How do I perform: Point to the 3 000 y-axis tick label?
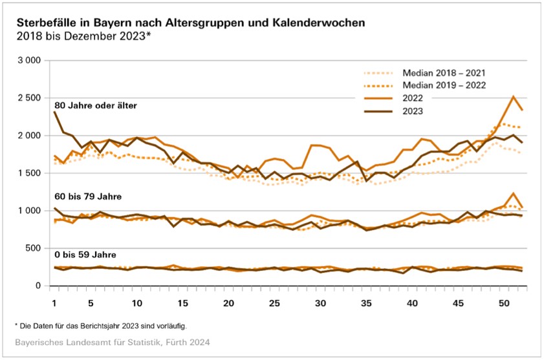tap(29, 60)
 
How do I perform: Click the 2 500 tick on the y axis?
tap(29, 98)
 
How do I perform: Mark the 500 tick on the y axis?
tap(33, 248)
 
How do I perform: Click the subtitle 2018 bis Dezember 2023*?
tap(83, 36)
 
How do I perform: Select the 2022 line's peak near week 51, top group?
tap(513, 96)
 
